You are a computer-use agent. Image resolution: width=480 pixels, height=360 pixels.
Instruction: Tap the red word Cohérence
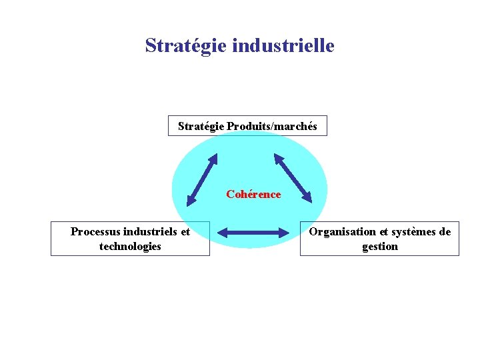tap(253, 195)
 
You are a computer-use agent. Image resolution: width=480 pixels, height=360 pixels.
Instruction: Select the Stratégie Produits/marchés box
tap(247, 125)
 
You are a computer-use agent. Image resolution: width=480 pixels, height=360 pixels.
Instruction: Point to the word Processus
tap(95, 232)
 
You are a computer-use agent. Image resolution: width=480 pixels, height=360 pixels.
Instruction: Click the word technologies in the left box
tap(130, 247)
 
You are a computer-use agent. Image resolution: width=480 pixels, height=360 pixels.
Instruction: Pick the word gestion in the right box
tap(380, 247)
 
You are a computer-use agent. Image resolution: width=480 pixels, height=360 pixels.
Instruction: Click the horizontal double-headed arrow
tap(253, 233)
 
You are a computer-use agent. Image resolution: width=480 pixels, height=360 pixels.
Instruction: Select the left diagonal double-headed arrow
tap(202, 179)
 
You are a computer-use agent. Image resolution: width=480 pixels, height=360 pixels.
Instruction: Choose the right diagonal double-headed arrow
tap(293, 178)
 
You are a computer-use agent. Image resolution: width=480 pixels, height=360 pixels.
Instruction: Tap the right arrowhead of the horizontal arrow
tap(282, 233)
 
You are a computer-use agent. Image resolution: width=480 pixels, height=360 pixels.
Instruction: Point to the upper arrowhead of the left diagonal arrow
tap(214, 159)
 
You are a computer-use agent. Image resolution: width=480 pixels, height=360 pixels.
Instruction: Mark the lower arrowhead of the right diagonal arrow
tap(307, 197)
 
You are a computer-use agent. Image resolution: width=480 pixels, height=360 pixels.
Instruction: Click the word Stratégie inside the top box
tap(201, 126)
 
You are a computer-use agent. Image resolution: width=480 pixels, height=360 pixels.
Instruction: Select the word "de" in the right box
tap(444, 232)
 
